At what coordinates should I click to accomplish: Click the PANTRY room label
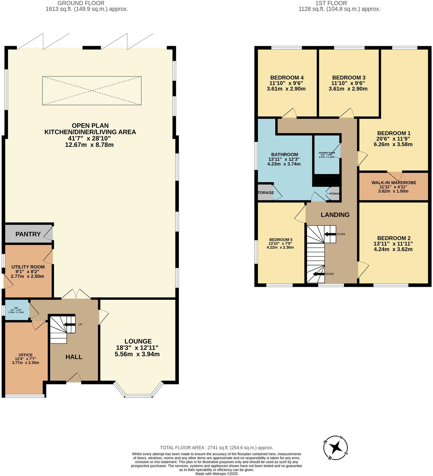28,234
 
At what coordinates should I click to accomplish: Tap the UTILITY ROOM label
28,267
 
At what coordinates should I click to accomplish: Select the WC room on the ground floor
16,310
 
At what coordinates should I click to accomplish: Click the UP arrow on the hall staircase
69,325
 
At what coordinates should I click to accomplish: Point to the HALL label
74,357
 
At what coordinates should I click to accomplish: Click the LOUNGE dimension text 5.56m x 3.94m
137,354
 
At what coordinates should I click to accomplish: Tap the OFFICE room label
26,355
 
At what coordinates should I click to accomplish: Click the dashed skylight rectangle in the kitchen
92,90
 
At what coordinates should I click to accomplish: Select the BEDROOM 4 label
287,77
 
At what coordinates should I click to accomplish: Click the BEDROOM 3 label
349,77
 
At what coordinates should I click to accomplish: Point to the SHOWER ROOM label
327,153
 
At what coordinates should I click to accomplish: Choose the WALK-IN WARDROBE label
394,183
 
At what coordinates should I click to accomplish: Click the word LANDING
335,215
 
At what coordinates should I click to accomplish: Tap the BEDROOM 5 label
281,240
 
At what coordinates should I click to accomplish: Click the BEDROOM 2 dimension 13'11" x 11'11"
393,244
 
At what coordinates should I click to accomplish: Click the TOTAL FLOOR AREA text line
216,448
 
